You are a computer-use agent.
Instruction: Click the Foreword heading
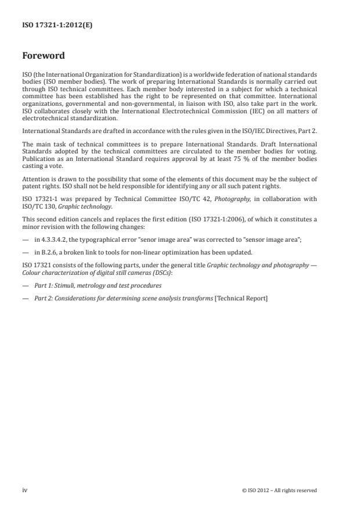pos(43,56)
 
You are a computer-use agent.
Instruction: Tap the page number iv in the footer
pos(25,490)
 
